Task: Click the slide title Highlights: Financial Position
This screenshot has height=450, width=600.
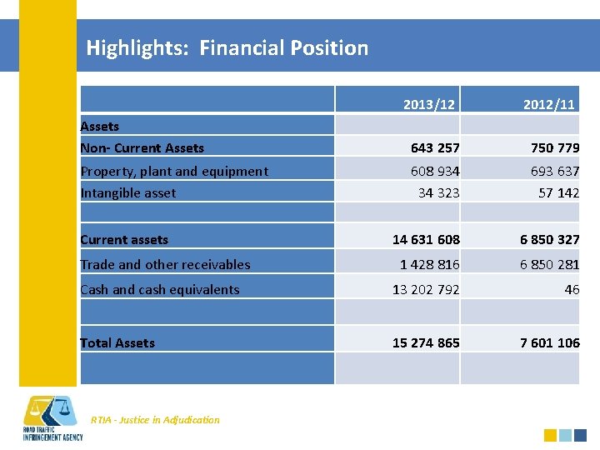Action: coord(227,48)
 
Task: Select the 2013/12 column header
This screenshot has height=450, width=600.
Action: coord(428,105)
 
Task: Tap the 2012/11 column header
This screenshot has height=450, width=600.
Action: coord(548,105)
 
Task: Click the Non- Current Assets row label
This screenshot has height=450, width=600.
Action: coord(142,148)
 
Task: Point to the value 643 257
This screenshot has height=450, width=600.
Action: coord(434,148)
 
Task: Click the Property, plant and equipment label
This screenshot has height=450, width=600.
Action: coord(174,172)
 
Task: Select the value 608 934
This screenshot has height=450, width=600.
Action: coord(434,172)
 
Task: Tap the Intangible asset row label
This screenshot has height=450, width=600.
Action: coord(128,193)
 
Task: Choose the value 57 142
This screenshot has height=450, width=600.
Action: coord(558,193)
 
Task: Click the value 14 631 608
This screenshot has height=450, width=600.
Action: coord(426,240)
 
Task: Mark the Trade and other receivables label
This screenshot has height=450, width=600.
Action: coord(165,265)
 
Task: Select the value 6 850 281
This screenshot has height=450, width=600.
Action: coord(549,265)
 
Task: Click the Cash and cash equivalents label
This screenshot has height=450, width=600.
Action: coord(160,290)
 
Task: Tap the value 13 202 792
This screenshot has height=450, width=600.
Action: coord(426,290)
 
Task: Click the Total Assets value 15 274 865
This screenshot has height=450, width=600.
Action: coord(426,343)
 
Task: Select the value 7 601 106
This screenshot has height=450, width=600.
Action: coord(549,343)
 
